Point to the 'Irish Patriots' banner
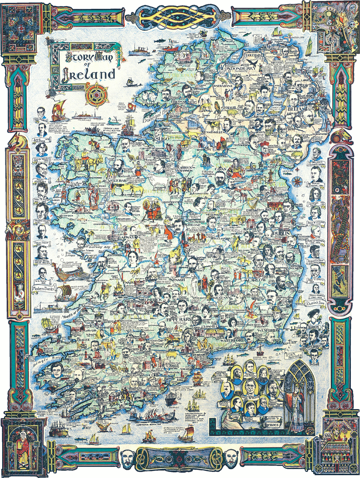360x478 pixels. pos(293,355)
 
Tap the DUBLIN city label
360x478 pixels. pos(281,233)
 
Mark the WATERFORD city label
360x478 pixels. pos(232,341)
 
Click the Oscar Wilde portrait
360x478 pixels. pos(41,169)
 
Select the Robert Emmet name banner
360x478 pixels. pos(250,420)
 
